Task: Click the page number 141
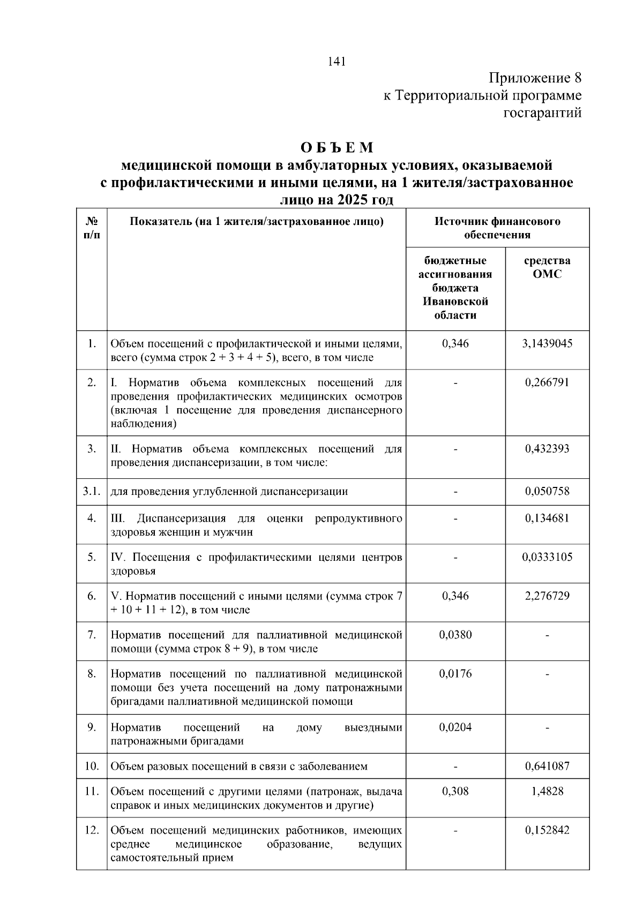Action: coord(337,62)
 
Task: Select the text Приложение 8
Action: coord(535,78)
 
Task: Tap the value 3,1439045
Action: coord(547,343)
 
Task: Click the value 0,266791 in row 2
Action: coord(547,382)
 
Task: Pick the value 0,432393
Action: coord(547,449)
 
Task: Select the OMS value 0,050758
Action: coord(547,491)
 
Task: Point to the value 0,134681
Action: coord(547,518)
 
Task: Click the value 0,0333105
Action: coord(547,557)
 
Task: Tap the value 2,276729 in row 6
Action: coord(547,596)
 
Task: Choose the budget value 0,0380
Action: coord(455,635)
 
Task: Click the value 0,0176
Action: coord(455,673)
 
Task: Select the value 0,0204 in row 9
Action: coord(455,727)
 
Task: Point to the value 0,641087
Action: coord(547,766)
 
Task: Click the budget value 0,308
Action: coord(455,791)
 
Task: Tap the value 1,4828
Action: coord(547,791)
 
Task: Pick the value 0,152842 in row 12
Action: coord(547,830)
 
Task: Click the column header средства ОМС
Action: coord(547,267)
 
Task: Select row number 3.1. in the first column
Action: coord(92,491)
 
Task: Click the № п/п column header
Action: coord(92,228)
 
